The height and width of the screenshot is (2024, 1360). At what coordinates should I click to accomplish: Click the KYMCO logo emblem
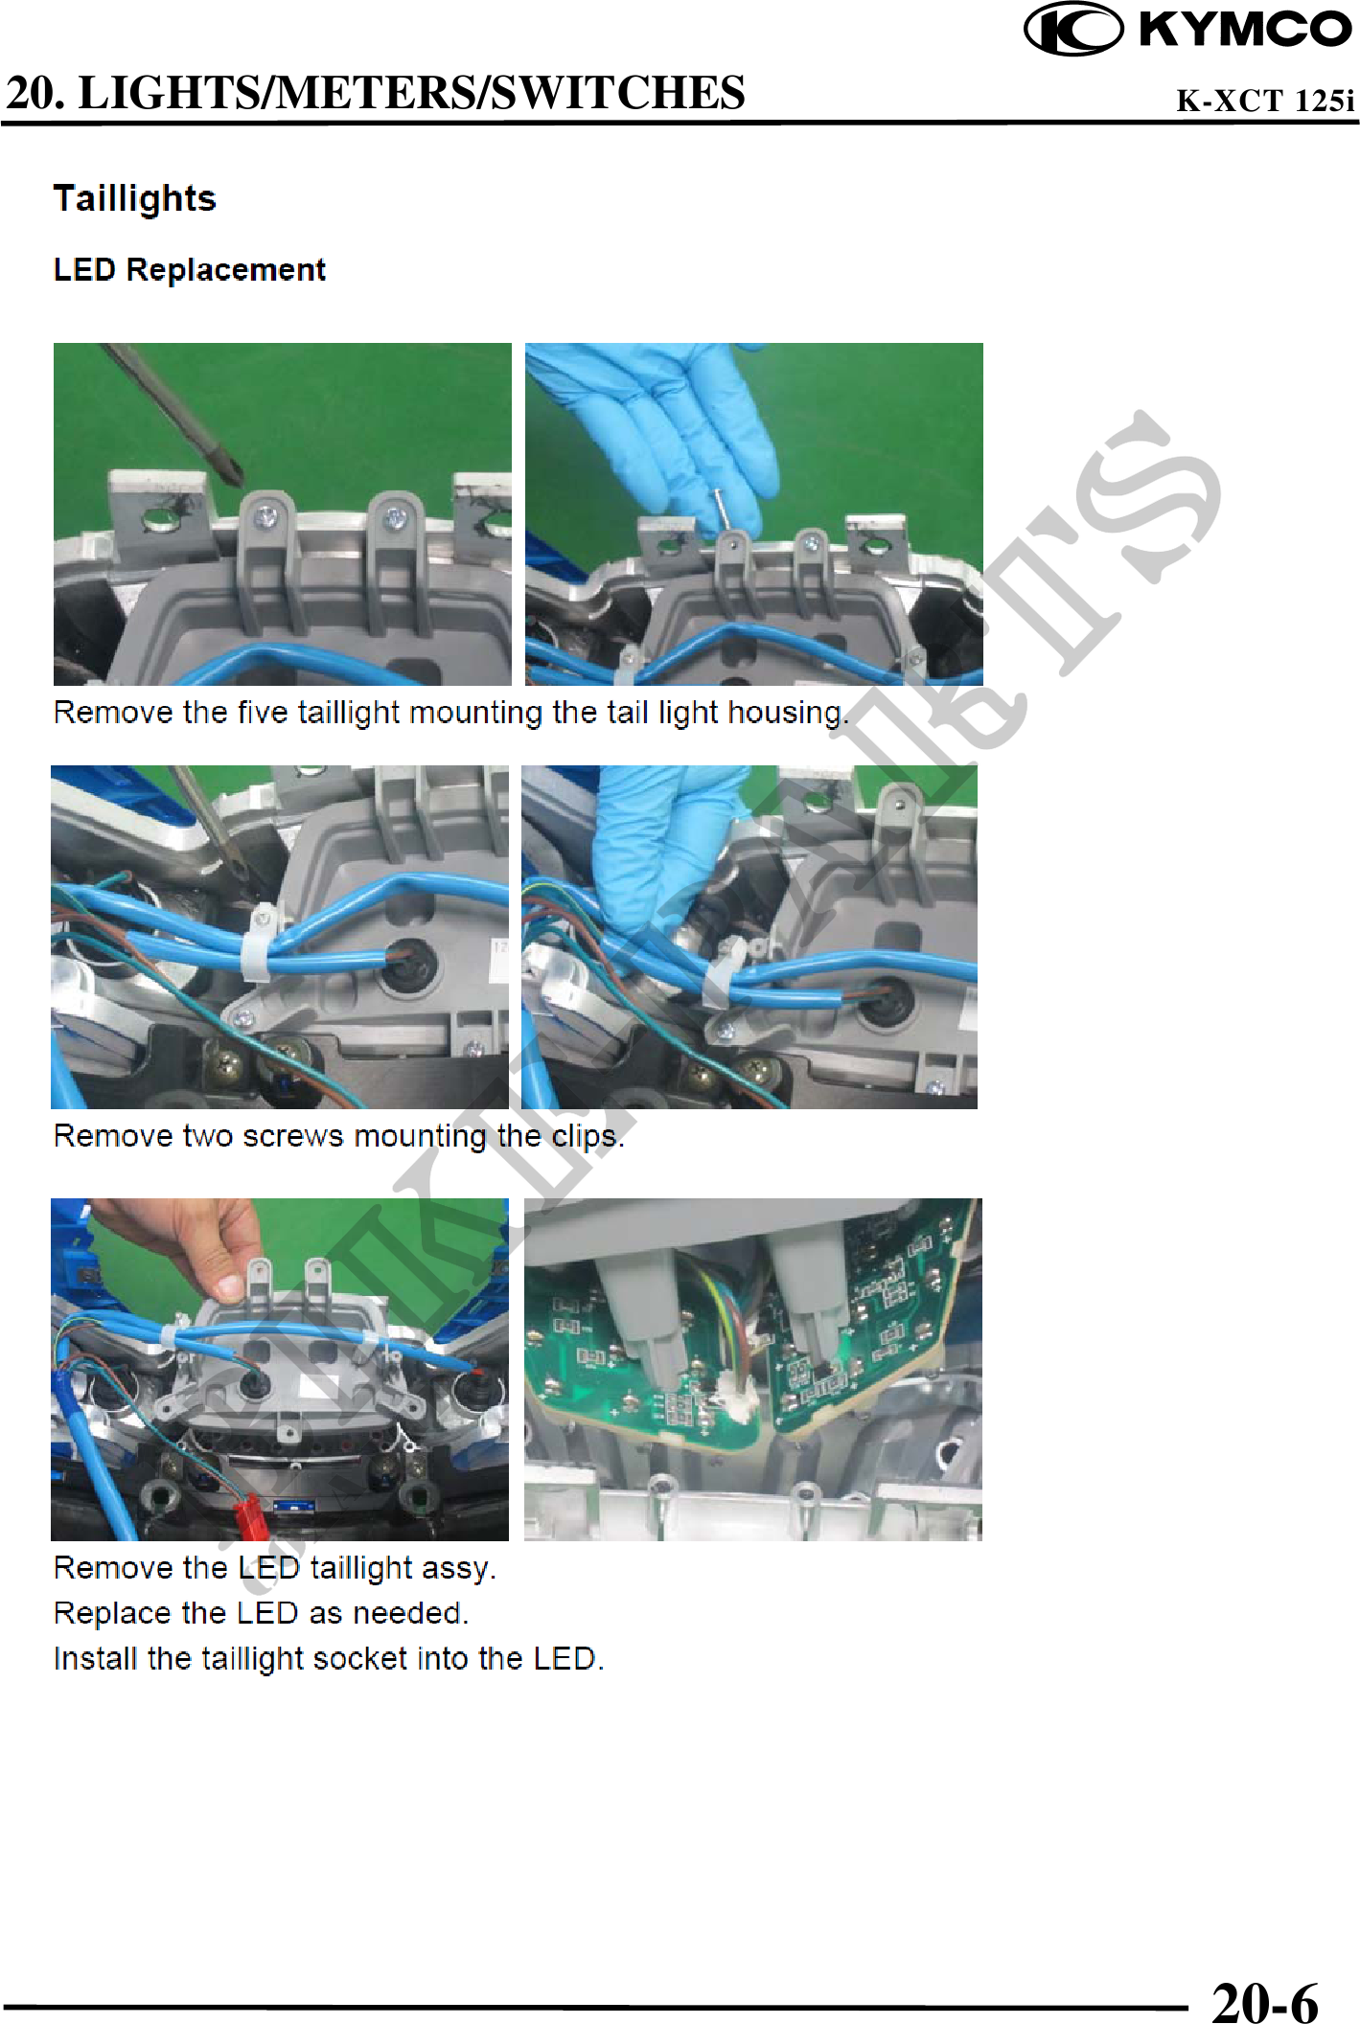click(1073, 29)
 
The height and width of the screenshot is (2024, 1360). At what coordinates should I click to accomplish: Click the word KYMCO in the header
click(1244, 29)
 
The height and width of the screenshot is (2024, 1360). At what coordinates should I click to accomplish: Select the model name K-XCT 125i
click(1265, 101)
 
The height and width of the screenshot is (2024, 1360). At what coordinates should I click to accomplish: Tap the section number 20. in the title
click(36, 93)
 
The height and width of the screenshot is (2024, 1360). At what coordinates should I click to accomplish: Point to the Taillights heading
click(135, 199)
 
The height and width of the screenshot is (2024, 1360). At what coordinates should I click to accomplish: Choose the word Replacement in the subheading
click(226, 270)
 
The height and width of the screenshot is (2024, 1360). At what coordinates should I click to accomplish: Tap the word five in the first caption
click(263, 713)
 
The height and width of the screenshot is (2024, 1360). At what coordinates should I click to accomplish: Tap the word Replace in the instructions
click(111, 1614)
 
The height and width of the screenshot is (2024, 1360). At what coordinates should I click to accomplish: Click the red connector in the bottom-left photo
click(251, 1515)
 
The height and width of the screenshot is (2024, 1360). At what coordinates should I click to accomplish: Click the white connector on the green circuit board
click(738, 1404)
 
